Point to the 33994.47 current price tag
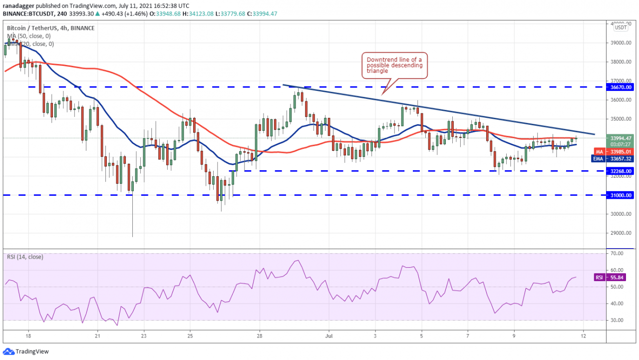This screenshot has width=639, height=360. coord(620,138)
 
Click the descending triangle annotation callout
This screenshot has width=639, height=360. coord(394,66)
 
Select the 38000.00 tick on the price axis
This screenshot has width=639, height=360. coord(619,62)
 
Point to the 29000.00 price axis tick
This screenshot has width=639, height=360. coord(619,233)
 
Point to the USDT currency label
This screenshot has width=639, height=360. coord(621,28)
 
